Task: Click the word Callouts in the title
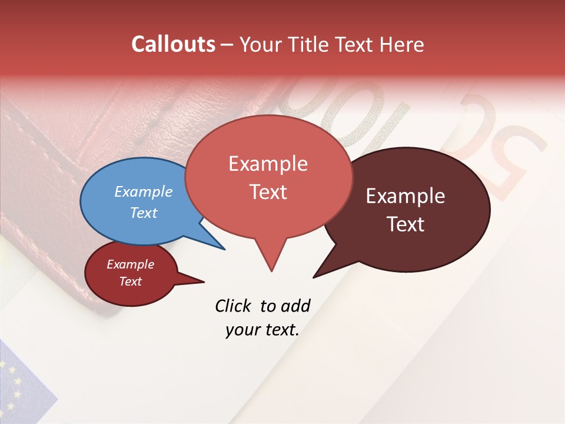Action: [173, 44]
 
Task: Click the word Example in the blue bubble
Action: [143, 192]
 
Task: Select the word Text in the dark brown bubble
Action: [406, 224]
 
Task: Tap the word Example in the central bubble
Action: [268, 164]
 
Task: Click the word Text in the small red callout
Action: [131, 281]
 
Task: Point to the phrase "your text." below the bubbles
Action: [262, 330]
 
